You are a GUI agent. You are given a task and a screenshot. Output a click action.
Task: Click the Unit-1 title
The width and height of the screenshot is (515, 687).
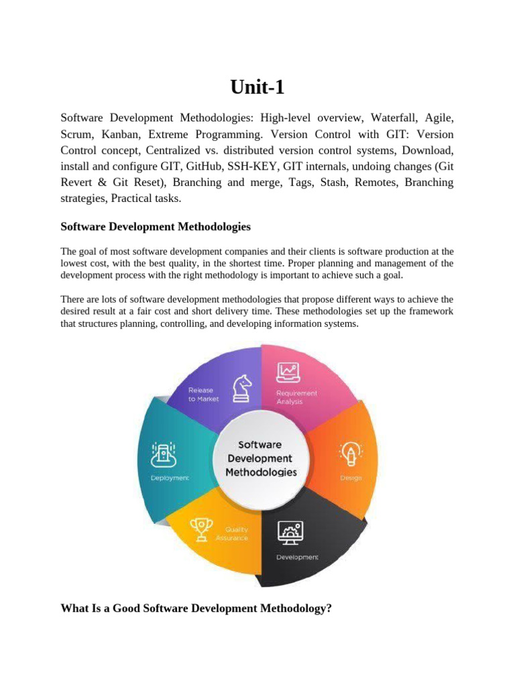click(257, 87)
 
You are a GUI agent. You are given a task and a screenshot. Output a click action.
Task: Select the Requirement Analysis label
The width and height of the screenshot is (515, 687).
click(296, 397)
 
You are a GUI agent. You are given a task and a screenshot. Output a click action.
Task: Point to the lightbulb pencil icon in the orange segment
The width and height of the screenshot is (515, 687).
click(350, 454)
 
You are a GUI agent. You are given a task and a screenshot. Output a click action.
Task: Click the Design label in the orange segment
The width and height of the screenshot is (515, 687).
click(351, 478)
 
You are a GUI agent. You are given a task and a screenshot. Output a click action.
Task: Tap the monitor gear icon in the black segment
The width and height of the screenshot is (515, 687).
click(290, 532)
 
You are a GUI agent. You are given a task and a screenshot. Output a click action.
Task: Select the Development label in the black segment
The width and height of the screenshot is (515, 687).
click(298, 557)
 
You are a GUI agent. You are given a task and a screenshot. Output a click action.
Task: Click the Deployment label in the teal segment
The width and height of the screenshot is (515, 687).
click(169, 478)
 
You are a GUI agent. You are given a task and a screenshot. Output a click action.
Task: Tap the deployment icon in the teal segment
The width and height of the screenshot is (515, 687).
click(164, 454)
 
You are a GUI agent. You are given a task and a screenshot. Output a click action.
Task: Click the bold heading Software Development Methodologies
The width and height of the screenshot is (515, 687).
click(156, 227)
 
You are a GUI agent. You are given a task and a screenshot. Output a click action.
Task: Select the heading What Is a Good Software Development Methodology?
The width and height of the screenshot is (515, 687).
click(196, 609)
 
